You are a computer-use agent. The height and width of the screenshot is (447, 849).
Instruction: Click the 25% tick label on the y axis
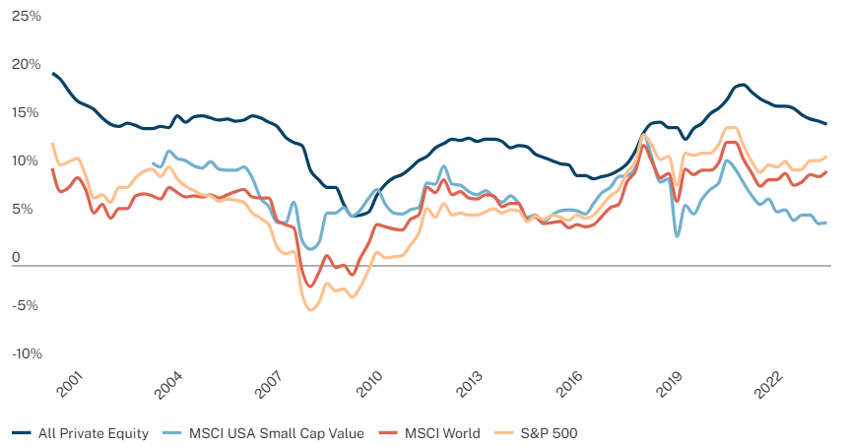click(x=26, y=17)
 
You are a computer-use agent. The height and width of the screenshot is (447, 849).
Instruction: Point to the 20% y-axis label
click(x=26, y=65)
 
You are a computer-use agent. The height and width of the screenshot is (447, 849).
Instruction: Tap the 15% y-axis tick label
click(x=26, y=113)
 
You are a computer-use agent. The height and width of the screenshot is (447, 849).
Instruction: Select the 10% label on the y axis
click(x=26, y=161)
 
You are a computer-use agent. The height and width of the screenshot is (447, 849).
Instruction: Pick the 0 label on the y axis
click(x=16, y=258)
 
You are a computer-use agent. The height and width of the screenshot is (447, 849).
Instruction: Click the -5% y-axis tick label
click(x=27, y=305)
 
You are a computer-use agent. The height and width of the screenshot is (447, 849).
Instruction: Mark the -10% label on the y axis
click(x=26, y=353)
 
